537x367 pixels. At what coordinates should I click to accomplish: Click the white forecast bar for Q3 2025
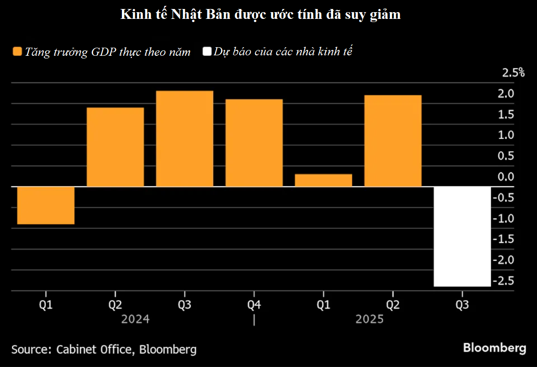pyautogui.click(x=462, y=236)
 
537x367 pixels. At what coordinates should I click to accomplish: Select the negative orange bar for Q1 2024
pyautogui.click(x=45, y=205)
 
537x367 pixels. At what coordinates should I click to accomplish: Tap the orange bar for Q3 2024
pyautogui.click(x=184, y=139)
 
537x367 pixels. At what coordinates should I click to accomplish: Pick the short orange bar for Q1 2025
pyautogui.click(x=323, y=180)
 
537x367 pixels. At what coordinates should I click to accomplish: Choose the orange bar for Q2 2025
pyautogui.click(x=393, y=141)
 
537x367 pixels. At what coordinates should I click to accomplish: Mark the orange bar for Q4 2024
pyautogui.click(x=254, y=143)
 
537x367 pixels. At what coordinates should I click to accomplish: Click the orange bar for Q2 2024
pyautogui.click(x=115, y=147)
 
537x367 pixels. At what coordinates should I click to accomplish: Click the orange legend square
pyautogui.click(x=17, y=52)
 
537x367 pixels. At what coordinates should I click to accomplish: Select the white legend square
pyautogui.click(x=207, y=52)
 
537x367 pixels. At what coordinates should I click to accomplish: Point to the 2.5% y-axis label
pyautogui.click(x=513, y=72)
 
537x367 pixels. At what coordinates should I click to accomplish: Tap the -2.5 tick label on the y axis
pyautogui.click(x=504, y=281)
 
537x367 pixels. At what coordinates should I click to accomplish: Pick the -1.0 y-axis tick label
pyautogui.click(x=504, y=219)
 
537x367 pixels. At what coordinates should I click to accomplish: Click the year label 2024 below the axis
pyautogui.click(x=136, y=319)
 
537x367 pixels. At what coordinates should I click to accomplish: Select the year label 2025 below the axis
pyautogui.click(x=369, y=319)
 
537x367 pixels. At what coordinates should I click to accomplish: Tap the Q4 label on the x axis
pyautogui.click(x=254, y=305)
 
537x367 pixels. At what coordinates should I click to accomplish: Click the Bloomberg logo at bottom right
pyautogui.click(x=494, y=348)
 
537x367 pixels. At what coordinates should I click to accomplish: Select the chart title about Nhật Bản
pyautogui.click(x=260, y=15)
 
